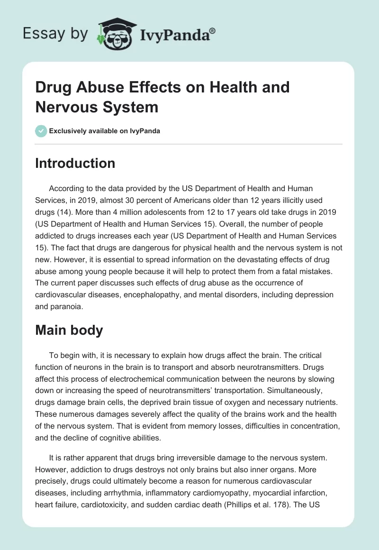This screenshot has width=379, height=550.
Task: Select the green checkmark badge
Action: (x=41, y=131)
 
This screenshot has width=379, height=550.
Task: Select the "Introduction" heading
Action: (x=75, y=163)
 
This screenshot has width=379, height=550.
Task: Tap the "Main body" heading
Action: (x=69, y=330)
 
